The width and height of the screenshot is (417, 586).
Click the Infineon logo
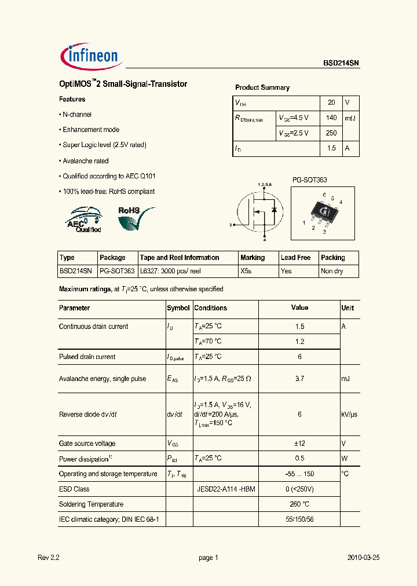[x=89, y=56]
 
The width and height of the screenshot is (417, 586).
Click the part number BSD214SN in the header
[x=341, y=64]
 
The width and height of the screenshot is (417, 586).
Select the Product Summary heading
[x=262, y=87]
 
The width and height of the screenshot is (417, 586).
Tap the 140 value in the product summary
[x=331, y=118]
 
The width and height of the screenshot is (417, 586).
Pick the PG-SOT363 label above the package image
[x=309, y=180]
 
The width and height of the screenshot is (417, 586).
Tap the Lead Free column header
[x=295, y=258]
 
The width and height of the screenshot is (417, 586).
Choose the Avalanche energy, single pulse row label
[x=103, y=379]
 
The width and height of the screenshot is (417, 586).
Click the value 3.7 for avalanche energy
[x=299, y=379]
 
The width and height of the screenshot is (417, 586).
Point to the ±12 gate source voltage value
[x=299, y=444]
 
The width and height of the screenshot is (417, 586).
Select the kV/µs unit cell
[x=349, y=415]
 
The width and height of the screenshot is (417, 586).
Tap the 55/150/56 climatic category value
[x=299, y=519]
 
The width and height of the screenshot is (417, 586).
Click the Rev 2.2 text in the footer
[x=49, y=558]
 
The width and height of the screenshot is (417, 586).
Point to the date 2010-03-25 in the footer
[x=363, y=558]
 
